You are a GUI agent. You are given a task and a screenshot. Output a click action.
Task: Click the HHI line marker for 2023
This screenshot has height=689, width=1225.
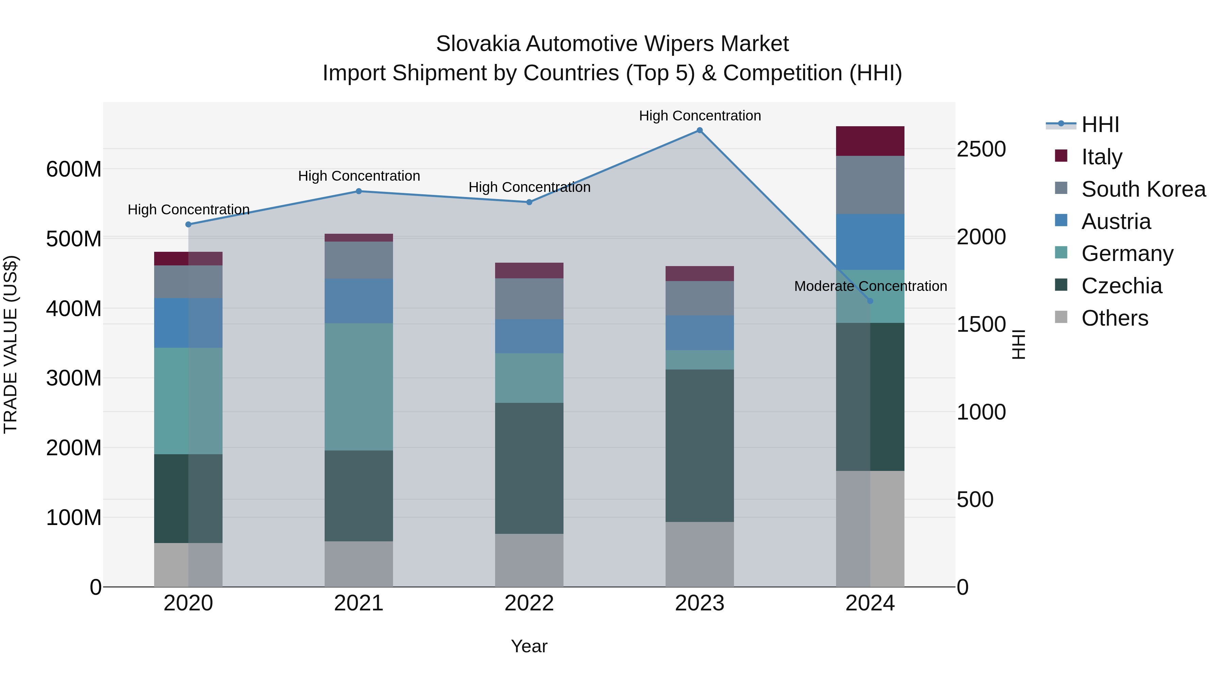(700, 130)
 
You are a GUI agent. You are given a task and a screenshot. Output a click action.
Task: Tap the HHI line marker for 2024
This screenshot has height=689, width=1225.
(870, 301)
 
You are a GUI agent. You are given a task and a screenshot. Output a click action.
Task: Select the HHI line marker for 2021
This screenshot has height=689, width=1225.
(359, 192)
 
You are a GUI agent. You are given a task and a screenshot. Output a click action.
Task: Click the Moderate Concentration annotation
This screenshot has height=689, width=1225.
(870, 286)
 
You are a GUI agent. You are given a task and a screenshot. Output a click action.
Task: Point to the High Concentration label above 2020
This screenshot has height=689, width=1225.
(188, 210)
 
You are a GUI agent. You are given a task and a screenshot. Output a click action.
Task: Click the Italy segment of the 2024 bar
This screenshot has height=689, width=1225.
(870, 141)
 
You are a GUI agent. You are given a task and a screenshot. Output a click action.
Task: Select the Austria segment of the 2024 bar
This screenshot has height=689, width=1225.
(870, 242)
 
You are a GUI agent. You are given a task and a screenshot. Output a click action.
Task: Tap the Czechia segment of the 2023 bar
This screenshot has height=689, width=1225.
(700, 445)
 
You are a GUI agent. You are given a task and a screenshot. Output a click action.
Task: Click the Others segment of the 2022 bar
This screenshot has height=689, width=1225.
(529, 560)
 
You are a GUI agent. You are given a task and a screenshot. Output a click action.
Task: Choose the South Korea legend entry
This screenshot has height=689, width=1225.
(1143, 189)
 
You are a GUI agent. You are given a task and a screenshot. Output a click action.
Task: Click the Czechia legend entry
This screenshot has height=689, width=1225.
(1121, 286)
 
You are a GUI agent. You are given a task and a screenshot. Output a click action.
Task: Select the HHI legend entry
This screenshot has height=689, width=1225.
(1099, 125)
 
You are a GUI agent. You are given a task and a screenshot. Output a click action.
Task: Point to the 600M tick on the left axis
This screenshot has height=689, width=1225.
(74, 169)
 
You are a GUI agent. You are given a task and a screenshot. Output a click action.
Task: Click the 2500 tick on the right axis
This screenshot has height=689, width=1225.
(981, 149)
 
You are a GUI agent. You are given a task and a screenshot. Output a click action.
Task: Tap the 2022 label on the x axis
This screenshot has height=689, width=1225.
(529, 603)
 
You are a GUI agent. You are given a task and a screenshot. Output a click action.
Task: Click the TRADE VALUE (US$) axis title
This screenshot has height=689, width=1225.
(11, 344)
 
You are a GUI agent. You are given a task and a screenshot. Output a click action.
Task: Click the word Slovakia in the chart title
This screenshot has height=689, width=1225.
(478, 44)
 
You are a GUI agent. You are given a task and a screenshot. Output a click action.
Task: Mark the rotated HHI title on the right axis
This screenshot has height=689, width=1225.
(1018, 344)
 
